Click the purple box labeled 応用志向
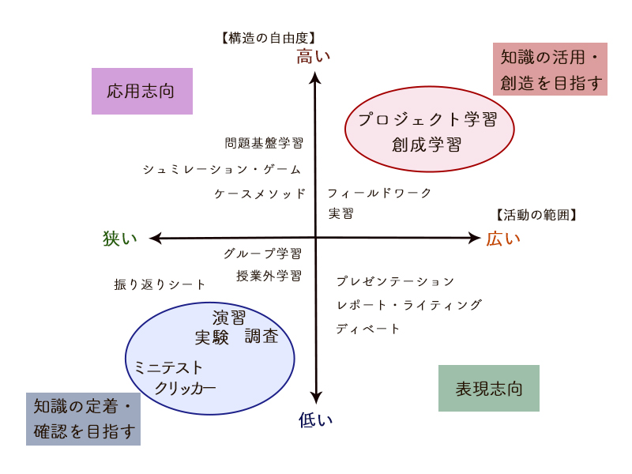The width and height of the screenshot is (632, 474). (x=142, y=91)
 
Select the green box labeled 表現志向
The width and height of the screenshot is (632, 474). (x=489, y=388)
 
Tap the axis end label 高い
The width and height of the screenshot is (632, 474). (x=314, y=56)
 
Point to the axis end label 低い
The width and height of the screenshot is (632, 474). (x=316, y=419)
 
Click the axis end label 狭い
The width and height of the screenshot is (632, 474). (x=120, y=239)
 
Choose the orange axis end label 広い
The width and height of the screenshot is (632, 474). (x=503, y=239)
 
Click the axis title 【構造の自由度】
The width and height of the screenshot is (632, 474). (x=269, y=37)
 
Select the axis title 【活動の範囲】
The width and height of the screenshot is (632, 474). (x=536, y=214)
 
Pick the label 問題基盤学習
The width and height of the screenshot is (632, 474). (x=264, y=143)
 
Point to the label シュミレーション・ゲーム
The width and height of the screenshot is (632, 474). (x=222, y=169)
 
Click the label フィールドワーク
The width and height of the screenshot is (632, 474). (x=380, y=193)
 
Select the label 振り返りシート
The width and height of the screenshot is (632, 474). (x=160, y=284)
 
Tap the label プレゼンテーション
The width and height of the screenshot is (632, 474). (x=396, y=281)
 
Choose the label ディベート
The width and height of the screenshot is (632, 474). (x=368, y=329)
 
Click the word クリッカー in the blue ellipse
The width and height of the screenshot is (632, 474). (x=185, y=388)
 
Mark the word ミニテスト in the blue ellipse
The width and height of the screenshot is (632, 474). (x=169, y=367)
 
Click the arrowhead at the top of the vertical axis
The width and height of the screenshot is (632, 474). (x=316, y=77)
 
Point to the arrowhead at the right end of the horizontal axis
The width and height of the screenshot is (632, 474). (x=476, y=238)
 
